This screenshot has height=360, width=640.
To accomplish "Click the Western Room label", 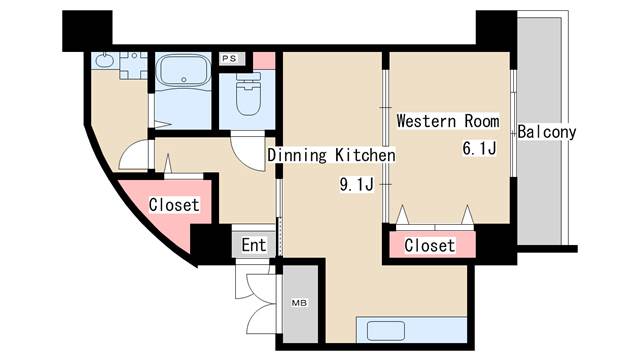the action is [448, 121].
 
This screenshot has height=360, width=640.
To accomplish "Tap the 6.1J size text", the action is [479, 148].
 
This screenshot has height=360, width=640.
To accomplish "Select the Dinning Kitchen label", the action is [331, 155].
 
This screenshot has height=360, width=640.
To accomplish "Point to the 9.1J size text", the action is [356, 184].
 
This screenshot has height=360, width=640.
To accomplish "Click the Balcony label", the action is [547, 132].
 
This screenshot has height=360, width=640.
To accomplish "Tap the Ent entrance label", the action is [253, 245].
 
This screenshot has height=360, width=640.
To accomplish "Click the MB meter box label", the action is [299, 303].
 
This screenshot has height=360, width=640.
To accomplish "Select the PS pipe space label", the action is [229, 59].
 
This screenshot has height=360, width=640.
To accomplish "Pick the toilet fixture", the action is [249, 94].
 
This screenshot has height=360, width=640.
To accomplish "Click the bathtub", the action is [184, 70].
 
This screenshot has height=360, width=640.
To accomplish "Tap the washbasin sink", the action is [104, 61].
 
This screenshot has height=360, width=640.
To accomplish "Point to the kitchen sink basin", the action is [386, 330].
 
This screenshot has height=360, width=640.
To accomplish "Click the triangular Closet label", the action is [174, 205].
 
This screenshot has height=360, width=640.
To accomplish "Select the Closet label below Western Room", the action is [429, 246].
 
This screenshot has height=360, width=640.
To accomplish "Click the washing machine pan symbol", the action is [133, 65].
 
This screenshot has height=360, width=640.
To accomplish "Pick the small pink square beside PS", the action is [264, 60].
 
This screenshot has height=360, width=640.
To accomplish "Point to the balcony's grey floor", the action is [539, 131].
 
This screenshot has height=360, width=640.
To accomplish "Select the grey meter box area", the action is [300, 304].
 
